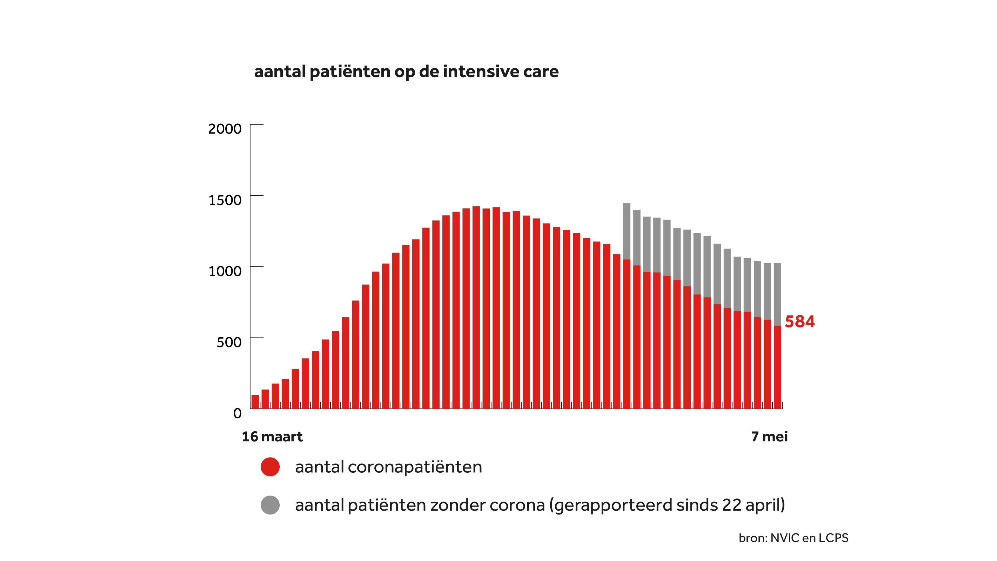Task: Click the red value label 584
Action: pyautogui.click(x=799, y=322)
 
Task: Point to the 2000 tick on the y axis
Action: pyautogui.click(x=225, y=129)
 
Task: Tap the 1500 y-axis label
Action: pyautogui.click(x=225, y=200)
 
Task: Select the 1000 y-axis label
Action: pyautogui.click(x=225, y=271)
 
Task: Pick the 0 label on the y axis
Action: pyautogui.click(x=237, y=413)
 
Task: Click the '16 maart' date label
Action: pyautogui.click(x=272, y=437)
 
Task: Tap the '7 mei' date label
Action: pyautogui.click(x=769, y=437)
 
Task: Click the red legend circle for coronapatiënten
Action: pyautogui.click(x=270, y=467)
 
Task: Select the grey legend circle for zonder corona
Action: pyautogui.click(x=270, y=505)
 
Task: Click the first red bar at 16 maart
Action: pyautogui.click(x=255, y=402)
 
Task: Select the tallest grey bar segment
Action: pyautogui.click(x=627, y=231)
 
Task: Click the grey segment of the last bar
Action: pyautogui.click(x=777, y=294)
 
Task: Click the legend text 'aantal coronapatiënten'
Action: pyautogui.click(x=388, y=467)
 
